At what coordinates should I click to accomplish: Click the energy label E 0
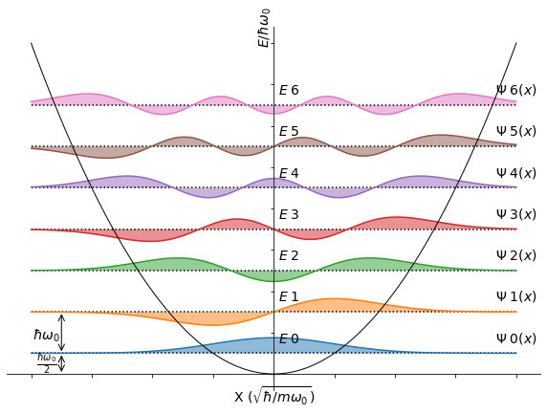click(x=289, y=339)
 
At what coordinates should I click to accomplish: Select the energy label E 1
click(x=289, y=297)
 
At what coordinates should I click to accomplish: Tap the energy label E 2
click(x=289, y=256)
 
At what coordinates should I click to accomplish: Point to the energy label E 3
click(x=289, y=215)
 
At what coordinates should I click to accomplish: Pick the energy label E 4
click(x=289, y=173)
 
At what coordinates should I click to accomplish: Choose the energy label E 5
click(x=289, y=132)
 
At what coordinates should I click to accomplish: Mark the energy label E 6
click(x=289, y=91)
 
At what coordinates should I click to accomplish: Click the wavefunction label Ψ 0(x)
click(x=515, y=338)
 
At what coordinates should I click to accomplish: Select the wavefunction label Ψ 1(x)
click(x=515, y=296)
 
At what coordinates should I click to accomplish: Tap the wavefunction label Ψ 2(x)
click(x=515, y=255)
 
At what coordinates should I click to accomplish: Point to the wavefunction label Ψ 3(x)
click(x=515, y=214)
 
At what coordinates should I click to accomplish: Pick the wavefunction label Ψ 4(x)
click(x=515, y=173)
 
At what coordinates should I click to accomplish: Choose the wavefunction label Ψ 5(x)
click(x=515, y=131)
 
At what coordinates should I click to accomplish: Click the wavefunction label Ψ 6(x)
click(x=515, y=90)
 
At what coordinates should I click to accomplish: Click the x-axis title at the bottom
click(x=273, y=396)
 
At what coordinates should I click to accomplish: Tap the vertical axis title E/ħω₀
click(x=264, y=27)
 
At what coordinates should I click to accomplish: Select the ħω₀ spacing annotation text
click(x=46, y=336)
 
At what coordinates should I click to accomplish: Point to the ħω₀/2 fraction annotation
click(x=46, y=363)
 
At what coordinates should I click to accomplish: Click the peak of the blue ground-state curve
click(x=273, y=338)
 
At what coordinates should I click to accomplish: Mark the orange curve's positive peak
click(x=334, y=299)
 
